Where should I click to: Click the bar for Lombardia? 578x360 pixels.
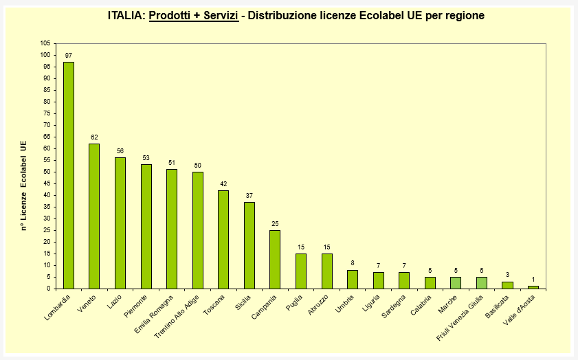pos(69,175)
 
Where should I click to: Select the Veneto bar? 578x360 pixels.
pos(94,216)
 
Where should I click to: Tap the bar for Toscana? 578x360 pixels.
pos(223,239)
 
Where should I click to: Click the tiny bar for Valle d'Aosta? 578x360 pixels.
pos(533,287)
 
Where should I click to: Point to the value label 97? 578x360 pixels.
pos(69,55)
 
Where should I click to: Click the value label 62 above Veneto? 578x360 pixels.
pos(94,137)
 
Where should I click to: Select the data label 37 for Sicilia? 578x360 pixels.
pos(249,195)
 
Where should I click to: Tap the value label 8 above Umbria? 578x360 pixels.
pos(353,263)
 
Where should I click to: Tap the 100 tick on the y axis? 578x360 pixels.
pos(45,55)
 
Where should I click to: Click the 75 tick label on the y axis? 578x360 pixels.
pos(46,113)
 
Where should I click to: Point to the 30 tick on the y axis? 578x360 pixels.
pos(46,218)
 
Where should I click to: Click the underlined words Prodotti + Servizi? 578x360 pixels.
pos(194,15)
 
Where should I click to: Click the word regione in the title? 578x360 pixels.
pos(464,15)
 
